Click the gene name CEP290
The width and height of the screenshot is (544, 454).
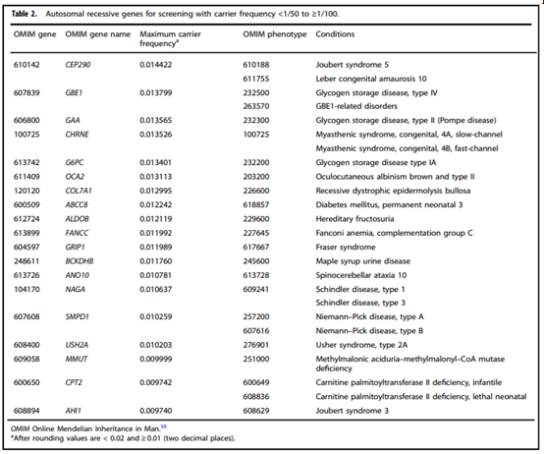click(x=78, y=65)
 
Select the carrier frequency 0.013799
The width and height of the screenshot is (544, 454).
click(x=156, y=93)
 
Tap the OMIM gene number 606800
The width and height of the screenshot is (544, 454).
click(x=27, y=121)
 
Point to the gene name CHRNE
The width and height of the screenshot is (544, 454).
click(x=77, y=135)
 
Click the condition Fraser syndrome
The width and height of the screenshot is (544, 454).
click(x=346, y=247)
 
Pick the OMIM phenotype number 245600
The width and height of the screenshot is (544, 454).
click(x=256, y=261)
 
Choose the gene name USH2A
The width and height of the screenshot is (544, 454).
click(x=77, y=345)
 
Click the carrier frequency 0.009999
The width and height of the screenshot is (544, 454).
click(x=156, y=359)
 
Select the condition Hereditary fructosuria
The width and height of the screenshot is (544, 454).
click(x=354, y=219)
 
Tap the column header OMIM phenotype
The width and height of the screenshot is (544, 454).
click(x=275, y=34)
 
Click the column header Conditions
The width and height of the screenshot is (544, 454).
click(x=335, y=34)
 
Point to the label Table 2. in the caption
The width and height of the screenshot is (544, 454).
click(x=24, y=14)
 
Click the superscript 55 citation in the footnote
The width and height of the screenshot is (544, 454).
click(x=164, y=426)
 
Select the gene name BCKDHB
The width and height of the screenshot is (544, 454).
click(x=80, y=261)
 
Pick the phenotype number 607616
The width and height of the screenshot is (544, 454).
click(x=256, y=331)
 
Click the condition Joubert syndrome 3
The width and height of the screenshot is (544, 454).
click(x=353, y=411)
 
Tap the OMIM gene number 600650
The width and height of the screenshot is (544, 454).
click(x=27, y=382)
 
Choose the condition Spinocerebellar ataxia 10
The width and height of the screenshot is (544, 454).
click(x=361, y=275)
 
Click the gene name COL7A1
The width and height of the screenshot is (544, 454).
click(x=79, y=191)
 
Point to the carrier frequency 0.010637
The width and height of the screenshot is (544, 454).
click(x=156, y=289)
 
